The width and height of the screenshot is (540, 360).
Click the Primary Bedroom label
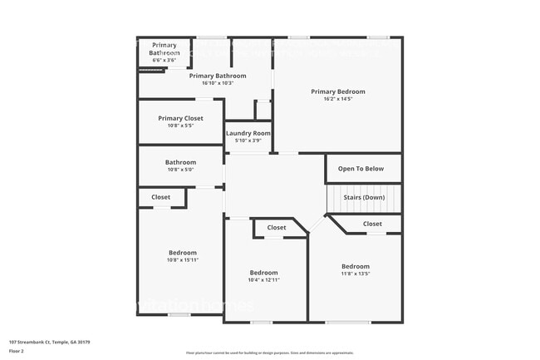337,91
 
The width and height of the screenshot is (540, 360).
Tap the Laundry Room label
248,133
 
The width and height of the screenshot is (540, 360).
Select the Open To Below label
361,169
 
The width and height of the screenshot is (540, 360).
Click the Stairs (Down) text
364,197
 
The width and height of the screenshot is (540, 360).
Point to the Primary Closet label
180,118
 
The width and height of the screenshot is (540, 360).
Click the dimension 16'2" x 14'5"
337,99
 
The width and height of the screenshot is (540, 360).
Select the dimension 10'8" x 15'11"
183,259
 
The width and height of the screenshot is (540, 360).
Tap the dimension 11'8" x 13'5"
355,273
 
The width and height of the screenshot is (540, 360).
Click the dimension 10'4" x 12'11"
263,279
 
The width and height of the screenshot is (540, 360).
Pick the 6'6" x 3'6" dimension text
164,60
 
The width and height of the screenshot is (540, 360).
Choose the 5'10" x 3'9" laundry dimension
248,141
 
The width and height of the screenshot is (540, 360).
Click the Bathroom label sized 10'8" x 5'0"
180,162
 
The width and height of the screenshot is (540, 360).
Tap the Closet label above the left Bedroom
160,197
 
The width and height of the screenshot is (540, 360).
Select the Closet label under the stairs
372,224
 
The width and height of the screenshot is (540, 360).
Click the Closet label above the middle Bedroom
277,227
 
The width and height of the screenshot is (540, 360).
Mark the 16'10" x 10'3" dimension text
218,82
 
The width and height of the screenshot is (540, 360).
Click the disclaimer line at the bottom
270,353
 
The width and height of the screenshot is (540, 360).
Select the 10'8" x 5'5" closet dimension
180,126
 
